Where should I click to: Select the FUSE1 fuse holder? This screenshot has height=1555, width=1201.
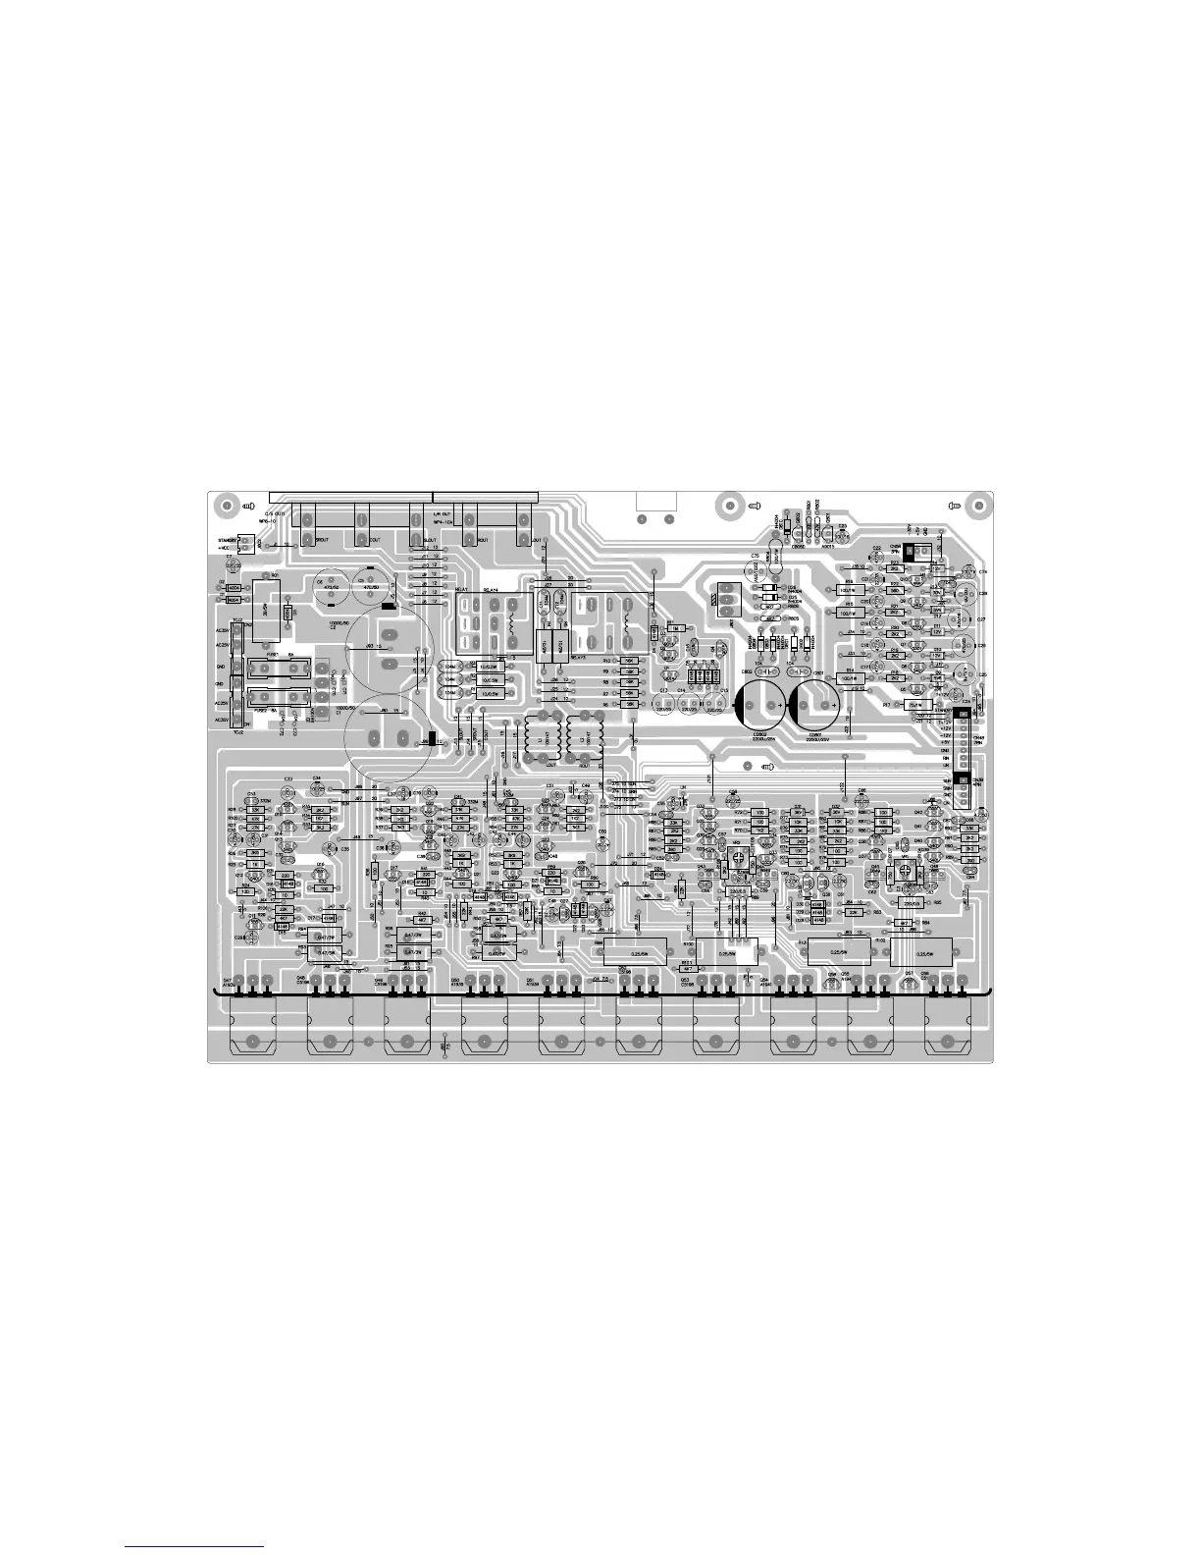pos(280,670)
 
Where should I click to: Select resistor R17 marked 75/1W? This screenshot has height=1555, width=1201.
pos(916,704)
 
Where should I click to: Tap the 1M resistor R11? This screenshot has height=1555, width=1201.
pos(675,627)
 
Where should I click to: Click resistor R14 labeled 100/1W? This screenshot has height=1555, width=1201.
pos(849,678)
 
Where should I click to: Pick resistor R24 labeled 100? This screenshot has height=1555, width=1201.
pos(246,891)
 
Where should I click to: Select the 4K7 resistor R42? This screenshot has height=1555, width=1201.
pos(422,920)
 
